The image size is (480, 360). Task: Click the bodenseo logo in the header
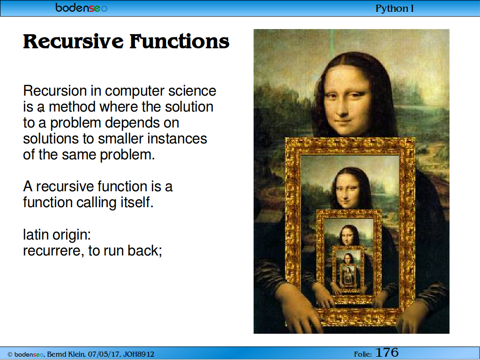pos(82,7)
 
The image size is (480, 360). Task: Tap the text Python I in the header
pos(395,8)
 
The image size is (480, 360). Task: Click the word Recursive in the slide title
pos(74,41)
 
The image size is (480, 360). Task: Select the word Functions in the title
pos(180,41)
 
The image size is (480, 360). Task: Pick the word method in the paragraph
pos(72,107)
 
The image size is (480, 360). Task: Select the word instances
pos(177,139)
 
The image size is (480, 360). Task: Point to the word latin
pos(36,235)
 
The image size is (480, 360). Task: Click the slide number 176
pos(387,352)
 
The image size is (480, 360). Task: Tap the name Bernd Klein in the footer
pos(66,354)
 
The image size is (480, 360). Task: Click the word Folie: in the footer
pos(363,354)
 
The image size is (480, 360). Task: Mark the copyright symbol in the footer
pos(10,355)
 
